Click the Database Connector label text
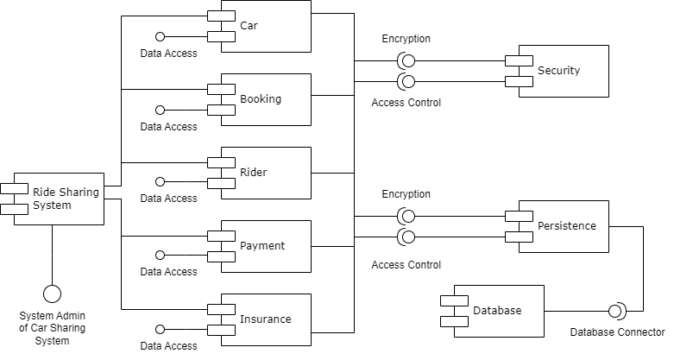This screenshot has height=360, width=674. (618, 332)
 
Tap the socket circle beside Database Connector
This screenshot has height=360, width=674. (618, 311)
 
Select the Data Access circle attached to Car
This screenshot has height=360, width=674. (160, 37)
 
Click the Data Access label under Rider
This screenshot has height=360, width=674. (168, 199)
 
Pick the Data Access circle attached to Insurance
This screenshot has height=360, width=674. (160, 330)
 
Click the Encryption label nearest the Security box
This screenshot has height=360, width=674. (406, 39)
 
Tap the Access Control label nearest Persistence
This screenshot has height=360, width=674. (406, 265)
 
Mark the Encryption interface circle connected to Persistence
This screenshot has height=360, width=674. (406, 215)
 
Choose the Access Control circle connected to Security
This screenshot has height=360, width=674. (406, 82)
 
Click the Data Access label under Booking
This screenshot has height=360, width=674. (168, 127)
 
